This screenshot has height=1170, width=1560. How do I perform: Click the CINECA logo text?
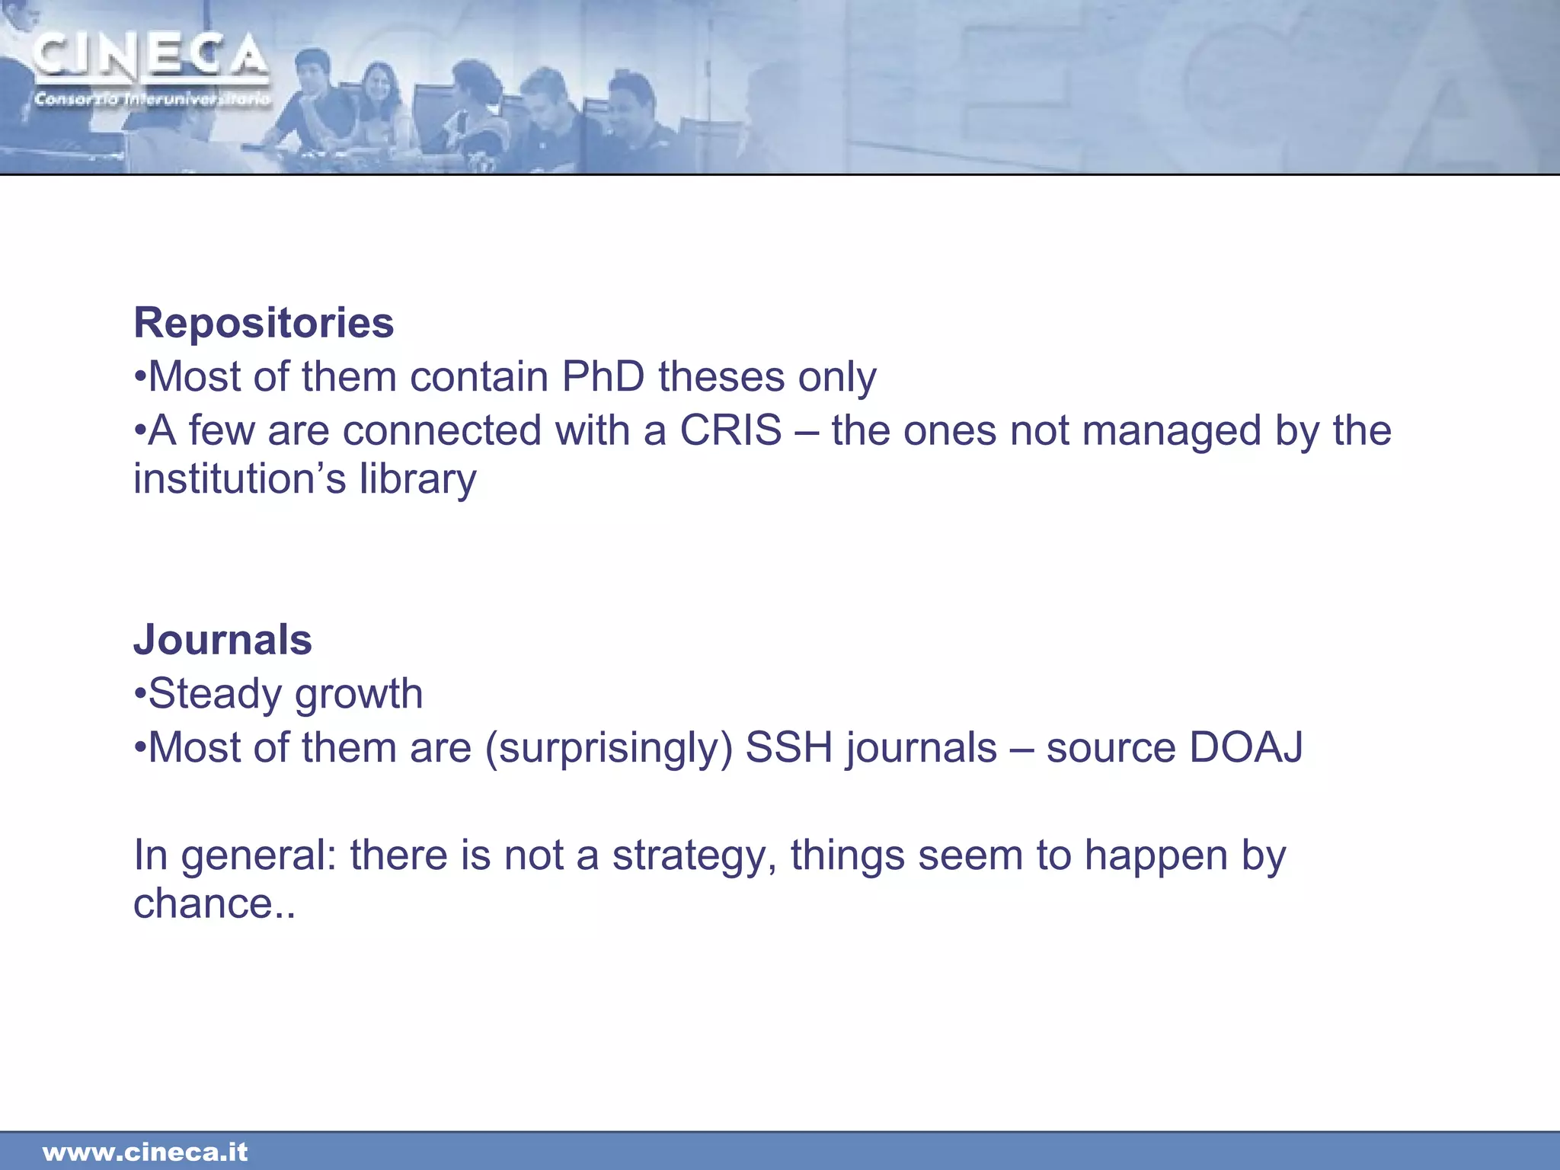[151, 57]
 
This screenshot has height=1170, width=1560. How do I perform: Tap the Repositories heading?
[264, 323]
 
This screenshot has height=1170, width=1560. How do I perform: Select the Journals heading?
[222, 640]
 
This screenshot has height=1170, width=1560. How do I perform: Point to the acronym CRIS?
[730, 430]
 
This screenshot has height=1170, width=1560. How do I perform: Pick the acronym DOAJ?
[1245, 747]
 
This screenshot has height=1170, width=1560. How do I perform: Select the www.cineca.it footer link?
[145, 1152]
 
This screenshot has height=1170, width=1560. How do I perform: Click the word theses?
[721, 377]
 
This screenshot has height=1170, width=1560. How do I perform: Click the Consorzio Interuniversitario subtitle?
[152, 99]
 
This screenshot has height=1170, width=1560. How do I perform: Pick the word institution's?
[239, 478]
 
